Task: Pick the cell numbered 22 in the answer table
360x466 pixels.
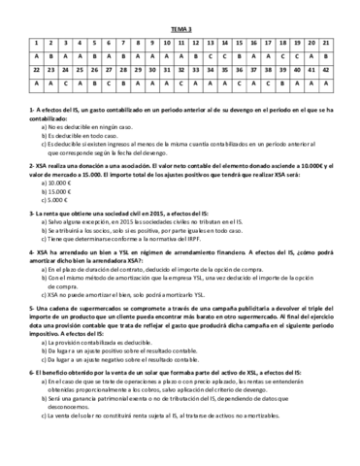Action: click(x=35, y=70)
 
